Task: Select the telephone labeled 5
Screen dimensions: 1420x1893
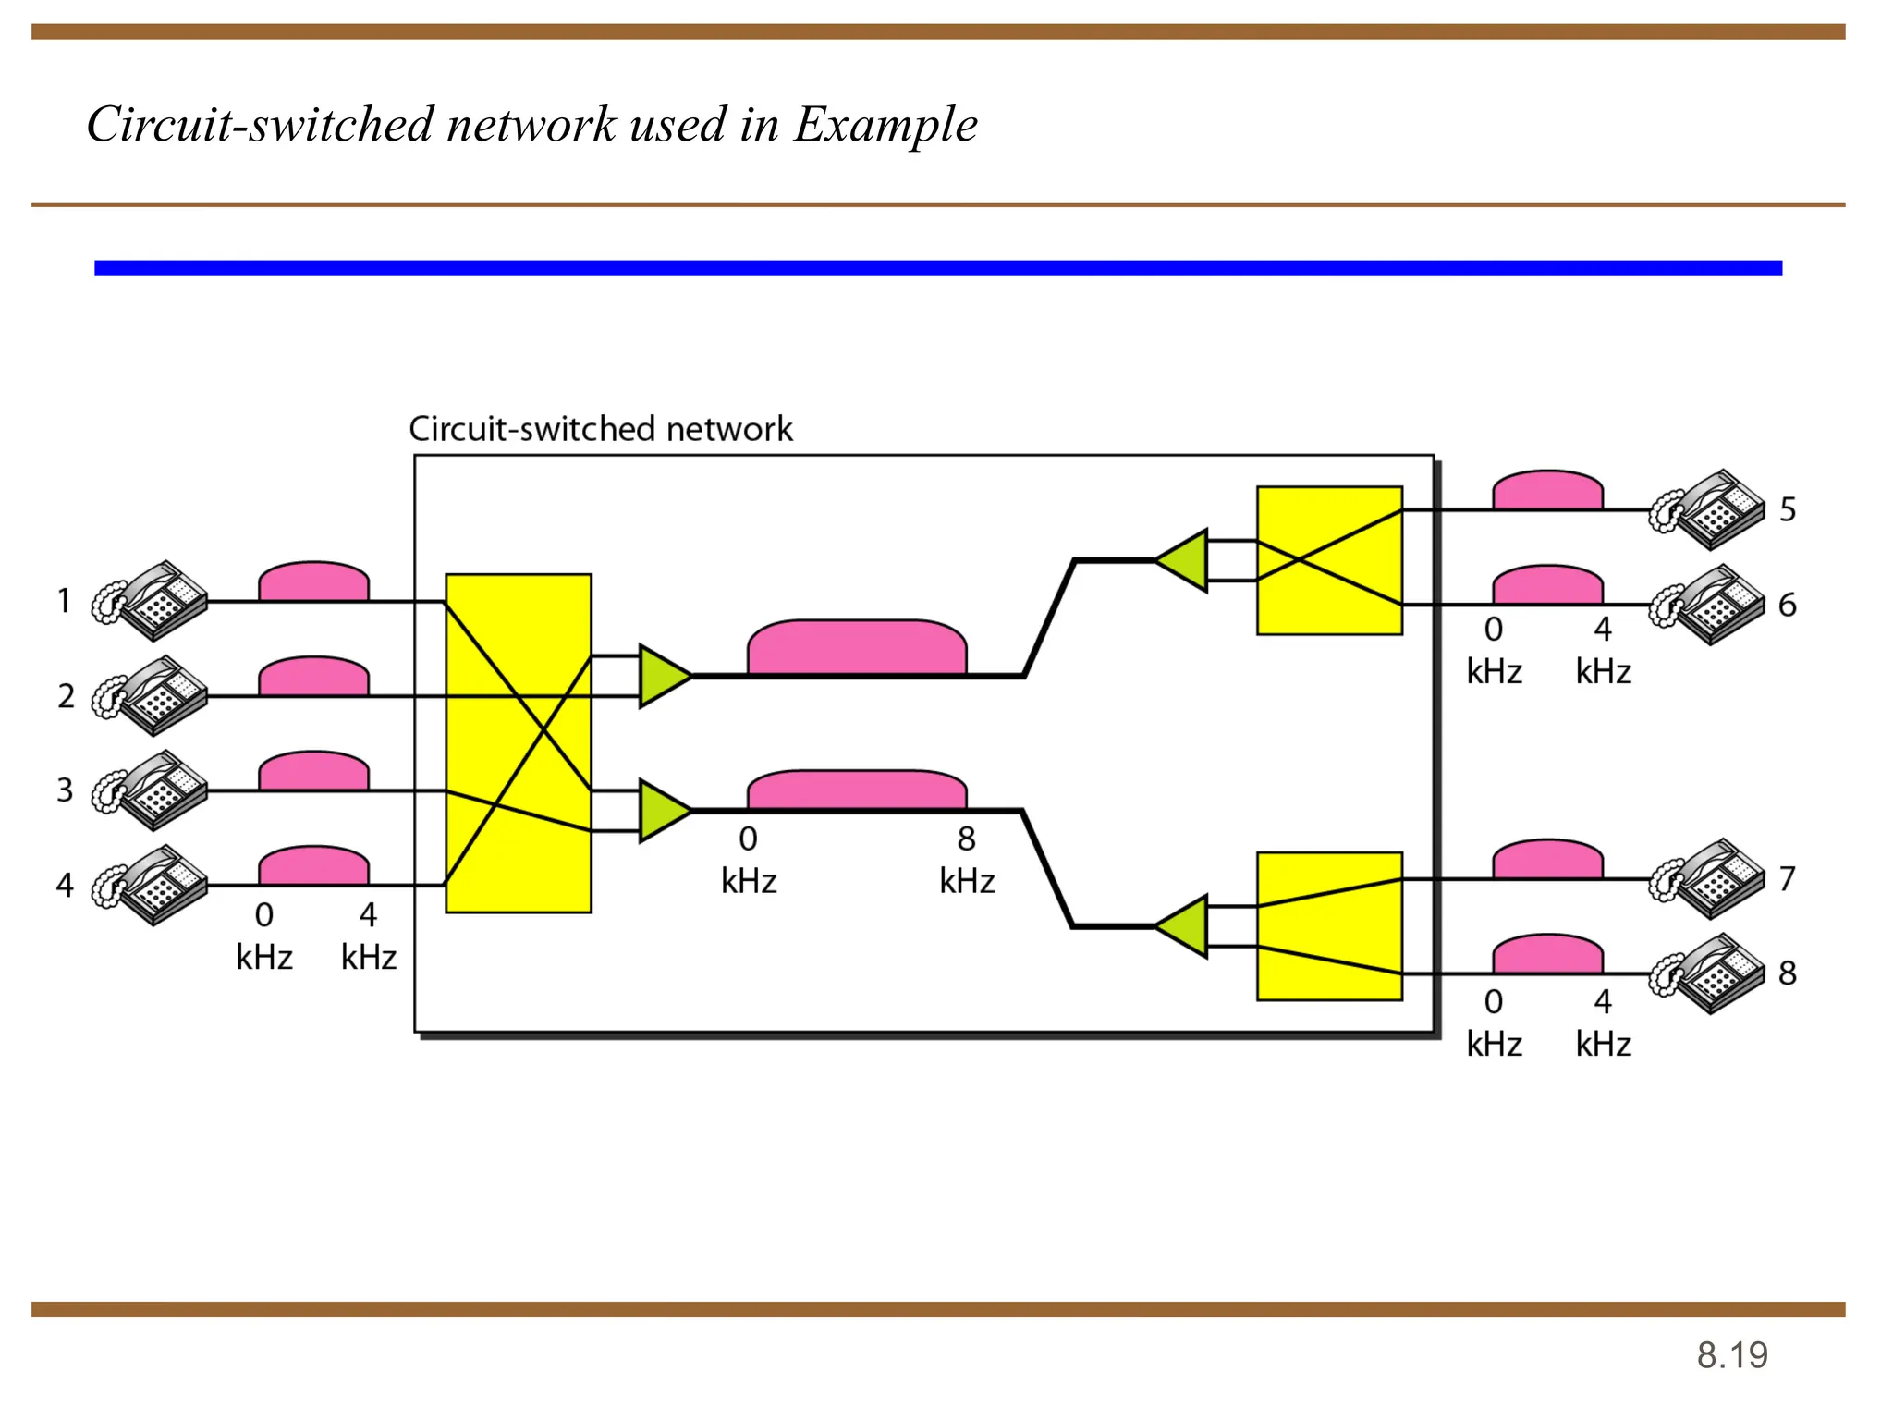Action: tap(1708, 509)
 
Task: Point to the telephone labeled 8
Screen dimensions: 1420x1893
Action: tap(1708, 973)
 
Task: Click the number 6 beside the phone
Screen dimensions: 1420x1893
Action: tap(1788, 605)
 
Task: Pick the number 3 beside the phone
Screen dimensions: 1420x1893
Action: tap(65, 790)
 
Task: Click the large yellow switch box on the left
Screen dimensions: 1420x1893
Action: tap(518, 743)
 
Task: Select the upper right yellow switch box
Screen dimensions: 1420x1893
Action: tap(1329, 560)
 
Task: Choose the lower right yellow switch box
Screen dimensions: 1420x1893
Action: tap(1329, 926)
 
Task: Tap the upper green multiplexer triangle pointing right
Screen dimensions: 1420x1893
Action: tap(662, 676)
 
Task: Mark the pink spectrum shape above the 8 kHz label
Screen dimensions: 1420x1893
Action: tap(857, 791)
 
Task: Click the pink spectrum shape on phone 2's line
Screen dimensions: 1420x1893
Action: tap(313, 678)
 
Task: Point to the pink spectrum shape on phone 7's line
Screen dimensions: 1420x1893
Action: tap(1547, 861)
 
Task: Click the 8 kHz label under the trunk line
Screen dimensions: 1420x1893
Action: tap(967, 861)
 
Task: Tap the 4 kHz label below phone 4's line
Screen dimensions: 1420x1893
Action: tap(369, 936)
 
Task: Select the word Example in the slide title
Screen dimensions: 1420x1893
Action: tap(885, 125)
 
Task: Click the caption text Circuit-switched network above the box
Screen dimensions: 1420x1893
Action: tap(601, 429)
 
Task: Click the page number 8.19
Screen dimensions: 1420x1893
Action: tap(1731, 1355)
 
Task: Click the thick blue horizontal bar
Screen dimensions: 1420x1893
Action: tap(937, 268)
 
